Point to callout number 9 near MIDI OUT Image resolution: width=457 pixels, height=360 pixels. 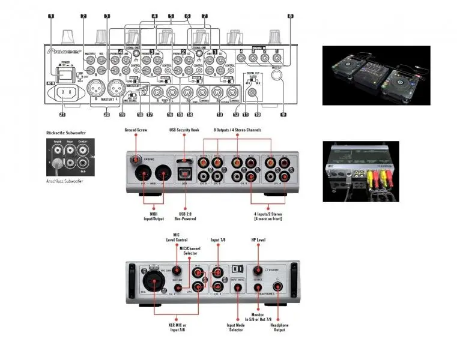(x=282, y=113)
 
